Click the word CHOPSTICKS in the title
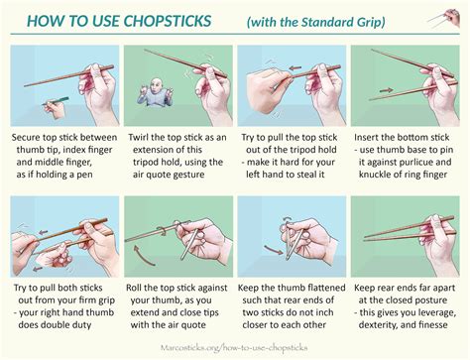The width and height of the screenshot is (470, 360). tap(172, 20)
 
